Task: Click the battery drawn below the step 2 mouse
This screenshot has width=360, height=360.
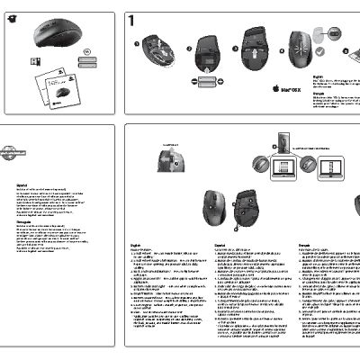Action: tap(207, 81)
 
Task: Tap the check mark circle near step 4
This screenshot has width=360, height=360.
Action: tap(334, 33)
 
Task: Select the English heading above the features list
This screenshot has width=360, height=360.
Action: tap(136, 242)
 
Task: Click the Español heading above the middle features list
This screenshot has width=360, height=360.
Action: tap(220, 242)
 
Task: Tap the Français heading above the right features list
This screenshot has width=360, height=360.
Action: tap(303, 242)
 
